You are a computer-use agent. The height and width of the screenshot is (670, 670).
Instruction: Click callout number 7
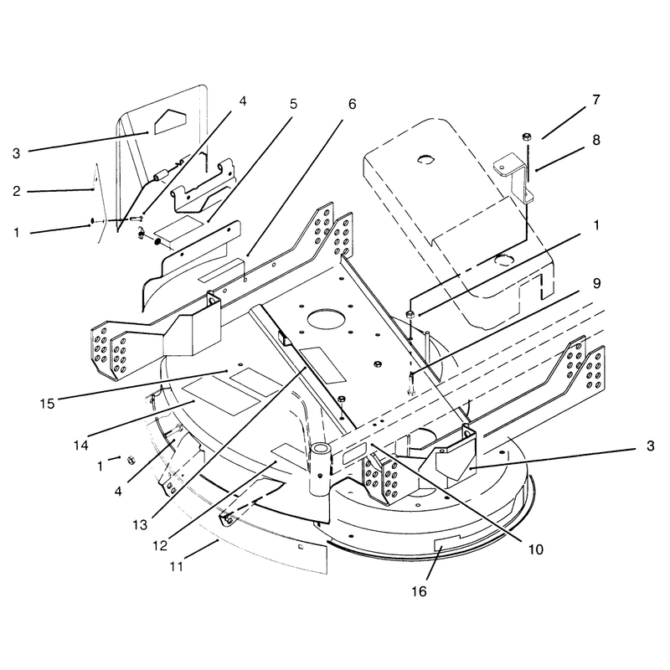coord(596,100)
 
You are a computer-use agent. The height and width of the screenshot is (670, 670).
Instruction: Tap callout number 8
coord(596,140)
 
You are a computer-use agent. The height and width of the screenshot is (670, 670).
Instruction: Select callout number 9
coord(596,283)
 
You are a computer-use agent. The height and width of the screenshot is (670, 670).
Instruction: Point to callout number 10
coord(535,549)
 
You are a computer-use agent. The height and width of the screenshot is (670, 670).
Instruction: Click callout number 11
coord(176,567)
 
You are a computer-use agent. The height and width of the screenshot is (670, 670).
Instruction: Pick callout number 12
coord(160,546)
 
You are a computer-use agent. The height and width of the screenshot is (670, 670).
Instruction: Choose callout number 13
coord(140,525)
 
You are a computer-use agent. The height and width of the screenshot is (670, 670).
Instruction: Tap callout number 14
coord(80,446)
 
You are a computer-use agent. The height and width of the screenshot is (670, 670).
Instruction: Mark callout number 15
coord(48,404)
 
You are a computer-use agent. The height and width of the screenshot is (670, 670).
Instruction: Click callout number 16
coord(420,591)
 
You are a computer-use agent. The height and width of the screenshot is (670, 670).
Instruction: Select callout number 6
coord(352,104)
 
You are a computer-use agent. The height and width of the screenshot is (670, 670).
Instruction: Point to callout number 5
coord(293,104)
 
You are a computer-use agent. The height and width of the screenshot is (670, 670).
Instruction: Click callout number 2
coord(16,191)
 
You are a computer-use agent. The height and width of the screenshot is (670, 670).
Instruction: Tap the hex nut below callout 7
coord(527,137)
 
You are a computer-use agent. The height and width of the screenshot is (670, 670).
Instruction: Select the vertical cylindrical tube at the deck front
coord(320,469)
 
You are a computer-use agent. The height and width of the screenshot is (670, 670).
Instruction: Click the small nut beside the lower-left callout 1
coord(131,460)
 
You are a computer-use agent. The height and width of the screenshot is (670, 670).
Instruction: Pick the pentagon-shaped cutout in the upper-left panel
coord(170,121)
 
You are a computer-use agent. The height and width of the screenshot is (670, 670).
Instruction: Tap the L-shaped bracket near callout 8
coord(514,178)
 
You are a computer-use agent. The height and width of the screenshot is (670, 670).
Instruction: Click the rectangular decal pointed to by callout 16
coord(446,544)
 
